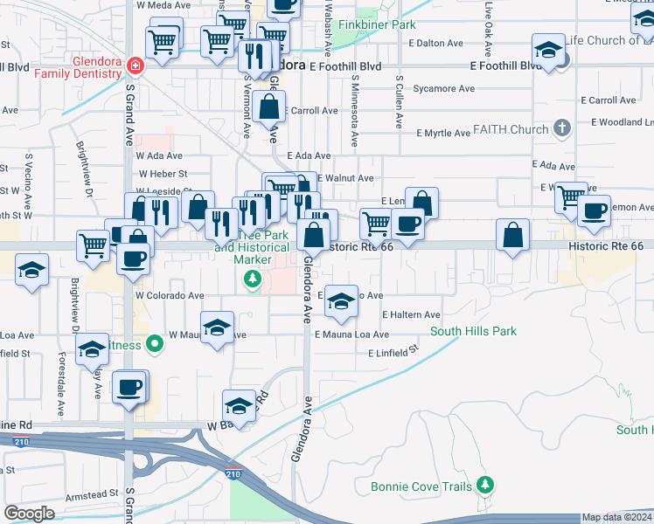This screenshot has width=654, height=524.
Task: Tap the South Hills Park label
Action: (473, 332)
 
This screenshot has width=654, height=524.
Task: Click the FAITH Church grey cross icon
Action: (562, 130)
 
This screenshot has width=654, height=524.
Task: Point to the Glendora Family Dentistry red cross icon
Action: (135, 65)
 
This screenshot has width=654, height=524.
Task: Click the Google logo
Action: (29, 514)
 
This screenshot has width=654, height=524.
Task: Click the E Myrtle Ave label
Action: (443, 133)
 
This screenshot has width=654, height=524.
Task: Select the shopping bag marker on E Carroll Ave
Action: (271, 109)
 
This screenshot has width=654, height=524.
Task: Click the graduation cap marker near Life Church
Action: (547, 51)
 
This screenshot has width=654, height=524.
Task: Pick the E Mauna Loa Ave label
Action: (351, 334)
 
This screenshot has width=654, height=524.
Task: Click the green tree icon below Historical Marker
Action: (253, 279)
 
